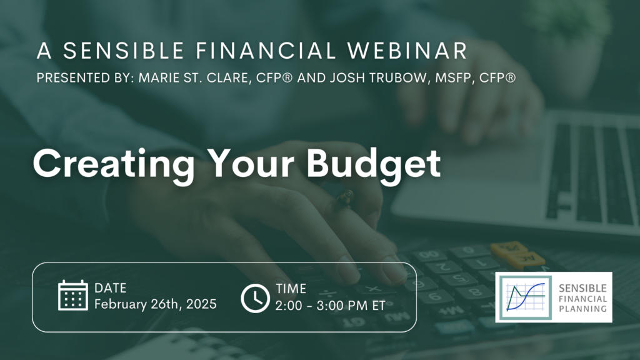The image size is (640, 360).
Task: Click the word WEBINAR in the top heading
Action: pyautogui.click(x=407, y=51)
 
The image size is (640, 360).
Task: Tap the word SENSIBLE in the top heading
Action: pyautogui.click(x=123, y=51)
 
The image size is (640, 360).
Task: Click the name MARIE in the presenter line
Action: pyautogui.click(x=158, y=78)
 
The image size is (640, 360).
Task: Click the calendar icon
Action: pyautogui.click(x=72, y=295)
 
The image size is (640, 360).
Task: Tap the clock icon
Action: pyautogui.click(x=255, y=298)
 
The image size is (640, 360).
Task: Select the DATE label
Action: pyautogui.click(x=110, y=288)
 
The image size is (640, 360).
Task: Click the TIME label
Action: pyautogui.click(x=291, y=289)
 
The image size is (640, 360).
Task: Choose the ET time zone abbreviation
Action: pyautogui.click(x=378, y=306)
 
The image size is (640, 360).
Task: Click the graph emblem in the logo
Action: pyautogui.click(x=526, y=297)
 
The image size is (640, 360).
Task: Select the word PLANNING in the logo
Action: pyautogui.click(x=582, y=309)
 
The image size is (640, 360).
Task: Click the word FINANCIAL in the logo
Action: pyautogui.click(x=582, y=299)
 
